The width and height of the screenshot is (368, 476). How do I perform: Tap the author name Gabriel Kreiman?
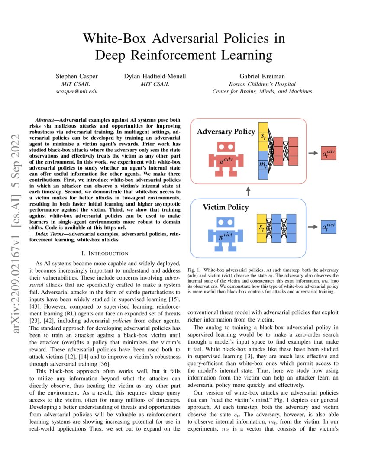coord(262,77)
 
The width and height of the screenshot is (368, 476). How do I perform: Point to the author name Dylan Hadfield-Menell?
coord(155,77)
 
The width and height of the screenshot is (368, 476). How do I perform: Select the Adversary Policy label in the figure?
coord(226,132)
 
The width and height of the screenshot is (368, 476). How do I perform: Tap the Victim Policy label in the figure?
coord(226,207)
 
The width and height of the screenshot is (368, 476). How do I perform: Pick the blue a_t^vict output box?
coord(329,226)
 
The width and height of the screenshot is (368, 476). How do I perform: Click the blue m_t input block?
coord(263,165)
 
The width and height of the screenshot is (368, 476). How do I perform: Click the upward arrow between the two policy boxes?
coord(248,191)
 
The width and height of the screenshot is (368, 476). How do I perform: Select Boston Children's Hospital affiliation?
coord(262,84)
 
